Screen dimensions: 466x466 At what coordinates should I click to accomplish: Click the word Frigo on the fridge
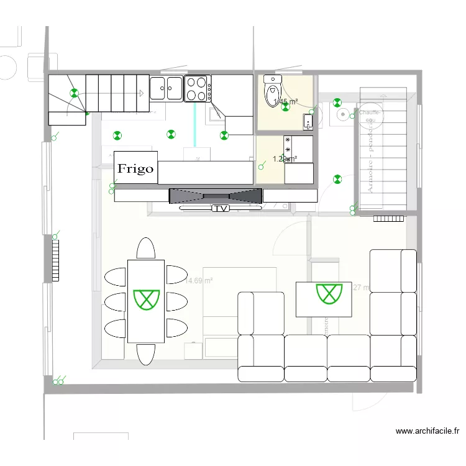[x=136, y=168]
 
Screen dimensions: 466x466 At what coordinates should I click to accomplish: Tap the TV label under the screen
[x=221, y=209]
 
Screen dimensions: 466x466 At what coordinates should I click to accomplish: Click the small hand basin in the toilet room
[x=308, y=122]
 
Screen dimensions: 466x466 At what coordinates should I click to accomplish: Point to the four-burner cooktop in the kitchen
[x=198, y=88]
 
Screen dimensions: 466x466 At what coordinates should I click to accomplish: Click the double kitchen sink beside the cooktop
[x=167, y=88]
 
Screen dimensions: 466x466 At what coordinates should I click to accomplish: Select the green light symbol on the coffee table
[x=329, y=293]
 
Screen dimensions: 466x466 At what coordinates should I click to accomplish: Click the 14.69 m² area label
[x=199, y=281]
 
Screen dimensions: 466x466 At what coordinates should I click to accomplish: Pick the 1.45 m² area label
[x=285, y=102]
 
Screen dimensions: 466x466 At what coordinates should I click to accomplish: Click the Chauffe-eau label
[x=374, y=116]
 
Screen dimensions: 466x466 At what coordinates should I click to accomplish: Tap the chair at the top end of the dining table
[x=146, y=249]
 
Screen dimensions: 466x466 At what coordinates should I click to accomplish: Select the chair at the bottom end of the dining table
[x=146, y=354]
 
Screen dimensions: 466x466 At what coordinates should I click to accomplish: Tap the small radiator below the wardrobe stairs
[x=389, y=218]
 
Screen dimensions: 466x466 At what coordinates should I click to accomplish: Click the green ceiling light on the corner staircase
[x=75, y=94]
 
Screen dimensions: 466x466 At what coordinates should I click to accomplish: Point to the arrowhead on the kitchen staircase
[x=142, y=93]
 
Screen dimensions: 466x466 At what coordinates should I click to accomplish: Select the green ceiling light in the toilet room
[x=285, y=107]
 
